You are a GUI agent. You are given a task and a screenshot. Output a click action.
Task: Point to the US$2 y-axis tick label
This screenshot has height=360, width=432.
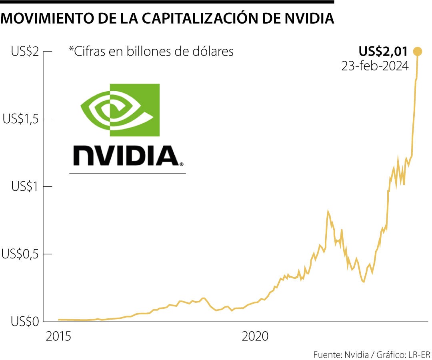tap(25, 52)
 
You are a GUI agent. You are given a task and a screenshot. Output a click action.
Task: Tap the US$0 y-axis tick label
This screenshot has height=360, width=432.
tap(25, 322)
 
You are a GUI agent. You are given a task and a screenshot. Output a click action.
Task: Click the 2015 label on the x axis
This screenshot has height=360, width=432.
tap(58, 337)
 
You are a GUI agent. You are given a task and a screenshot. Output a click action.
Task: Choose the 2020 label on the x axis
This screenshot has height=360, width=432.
tap(255, 337)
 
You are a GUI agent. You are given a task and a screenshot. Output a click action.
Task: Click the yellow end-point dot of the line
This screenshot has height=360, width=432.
tap(418, 51)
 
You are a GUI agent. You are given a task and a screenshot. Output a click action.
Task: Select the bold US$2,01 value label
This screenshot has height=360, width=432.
tap(383, 51)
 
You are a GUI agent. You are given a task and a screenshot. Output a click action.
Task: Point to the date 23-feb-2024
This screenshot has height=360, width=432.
tap(375, 66)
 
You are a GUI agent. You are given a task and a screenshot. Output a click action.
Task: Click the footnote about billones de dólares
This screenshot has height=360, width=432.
tap(151, 52)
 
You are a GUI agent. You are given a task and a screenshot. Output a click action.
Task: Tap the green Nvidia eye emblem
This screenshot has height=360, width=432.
tap(120, 110)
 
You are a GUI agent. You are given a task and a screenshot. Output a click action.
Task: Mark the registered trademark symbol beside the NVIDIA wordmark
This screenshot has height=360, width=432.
tap(182, 164)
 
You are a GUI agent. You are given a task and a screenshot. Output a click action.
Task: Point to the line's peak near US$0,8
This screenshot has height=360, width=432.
tap(328, 212)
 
